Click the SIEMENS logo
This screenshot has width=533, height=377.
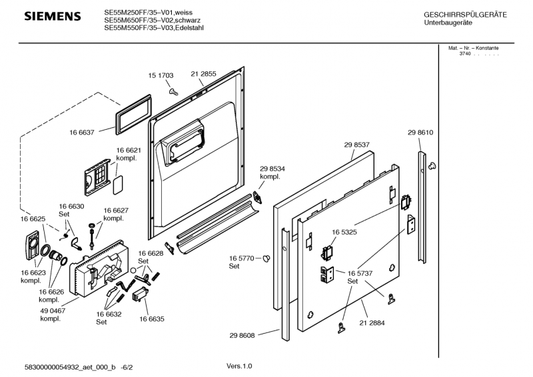tap(53, 16)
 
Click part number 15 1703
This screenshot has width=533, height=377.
tap(161, 75)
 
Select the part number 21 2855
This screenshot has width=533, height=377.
tap(203, 74)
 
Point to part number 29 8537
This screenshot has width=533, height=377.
tap(357, 145)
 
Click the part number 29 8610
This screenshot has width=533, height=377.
tap(420, 133)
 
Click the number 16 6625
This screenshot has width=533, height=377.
tap(33, 218)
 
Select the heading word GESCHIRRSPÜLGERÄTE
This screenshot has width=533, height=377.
tap(465, 15)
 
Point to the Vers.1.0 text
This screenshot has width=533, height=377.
tap(239, 366)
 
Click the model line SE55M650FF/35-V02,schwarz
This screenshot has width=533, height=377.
tap(151, 20)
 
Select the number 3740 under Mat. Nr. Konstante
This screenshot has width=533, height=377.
tap(464, 53)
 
